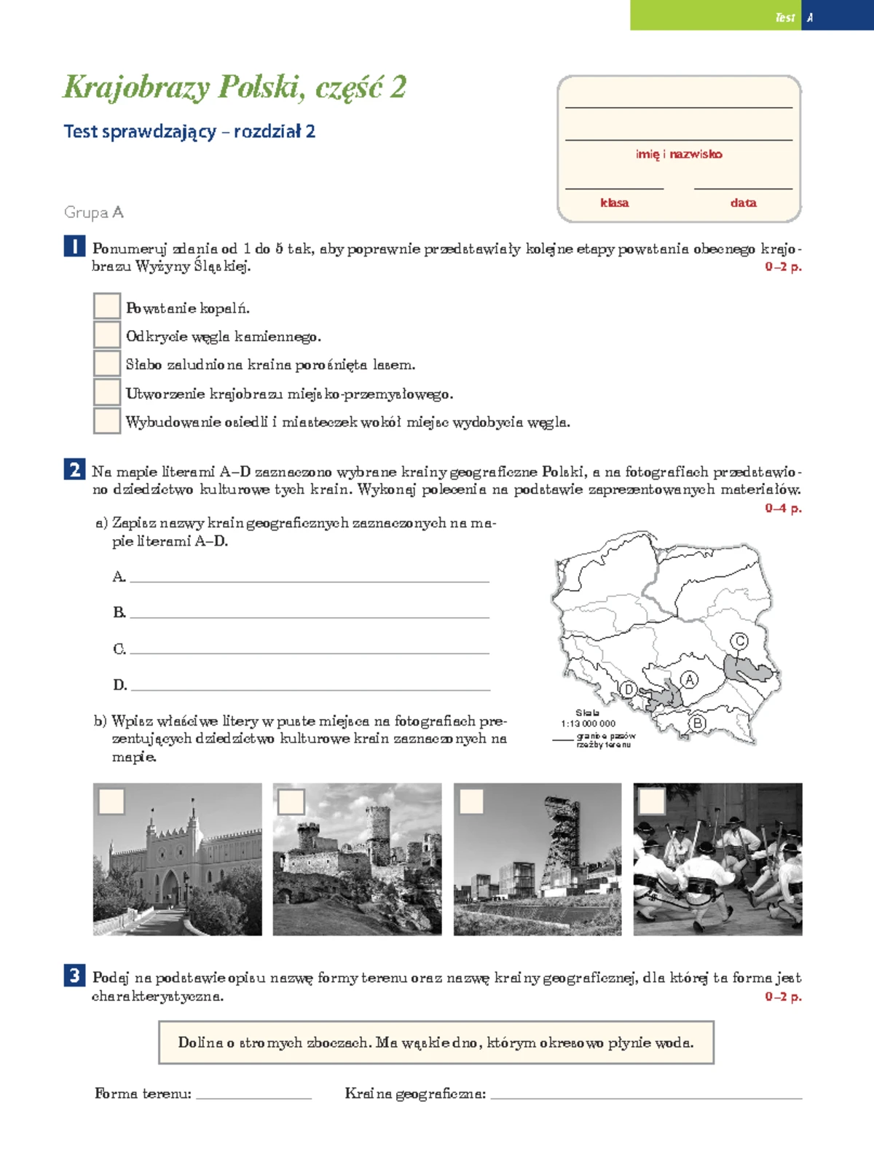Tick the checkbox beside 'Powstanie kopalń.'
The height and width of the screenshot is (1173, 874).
tap(106, 306)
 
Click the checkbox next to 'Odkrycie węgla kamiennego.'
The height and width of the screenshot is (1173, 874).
tap(106, 334)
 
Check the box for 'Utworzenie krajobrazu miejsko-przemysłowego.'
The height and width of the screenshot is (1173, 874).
tap(106, 392)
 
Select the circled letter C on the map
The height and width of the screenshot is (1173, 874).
tap(739, 641)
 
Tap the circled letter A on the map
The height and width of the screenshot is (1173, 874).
tap(689, 680)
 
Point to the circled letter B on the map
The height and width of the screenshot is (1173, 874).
tap(697, 723)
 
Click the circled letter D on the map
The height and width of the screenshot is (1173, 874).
tap(628, 689)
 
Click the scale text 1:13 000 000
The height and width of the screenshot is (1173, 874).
tap(588, 723)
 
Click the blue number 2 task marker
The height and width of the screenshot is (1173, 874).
tap(74, 470)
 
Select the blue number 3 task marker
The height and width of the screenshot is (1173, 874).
tap(74, 976)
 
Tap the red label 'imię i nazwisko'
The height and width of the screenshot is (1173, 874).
tap(679, 154)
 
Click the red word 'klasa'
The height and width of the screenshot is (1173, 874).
tap(614, 203)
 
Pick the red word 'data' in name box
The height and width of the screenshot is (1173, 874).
tap(743, 203)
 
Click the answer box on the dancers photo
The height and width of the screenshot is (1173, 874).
tap(651, 801)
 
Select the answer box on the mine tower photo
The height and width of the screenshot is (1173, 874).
tap(471, 801)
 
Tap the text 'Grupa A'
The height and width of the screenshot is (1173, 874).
tap(94, 212)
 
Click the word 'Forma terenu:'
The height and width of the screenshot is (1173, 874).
tap(143, 1094)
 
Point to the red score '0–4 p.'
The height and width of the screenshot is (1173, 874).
tap(783, 508)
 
